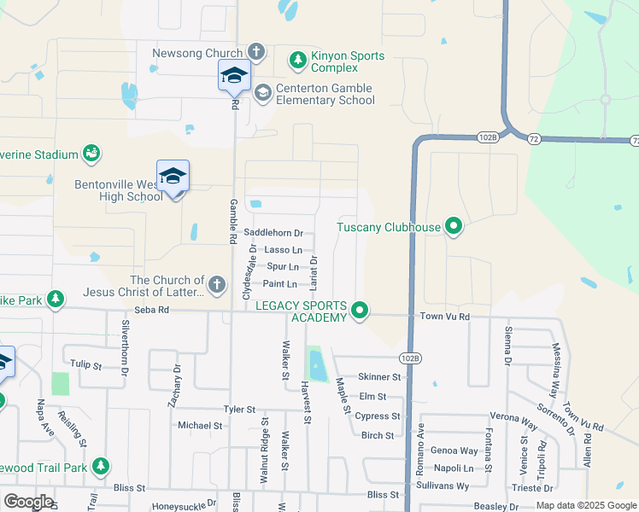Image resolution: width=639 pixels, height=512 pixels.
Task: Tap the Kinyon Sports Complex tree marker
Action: click(297, 59)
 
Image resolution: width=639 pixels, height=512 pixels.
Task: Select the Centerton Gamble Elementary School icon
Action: click(262, 91)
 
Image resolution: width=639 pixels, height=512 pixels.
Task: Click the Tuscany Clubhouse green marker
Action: click(454, 226)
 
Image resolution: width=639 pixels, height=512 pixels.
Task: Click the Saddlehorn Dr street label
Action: click(273, 232)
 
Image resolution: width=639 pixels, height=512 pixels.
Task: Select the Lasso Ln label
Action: click(283, 250)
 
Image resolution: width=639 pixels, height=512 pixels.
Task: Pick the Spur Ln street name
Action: click(282, 267)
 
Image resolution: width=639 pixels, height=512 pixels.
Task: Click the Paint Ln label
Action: click(280, 284)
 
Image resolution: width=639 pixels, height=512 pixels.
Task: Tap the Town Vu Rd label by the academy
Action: click(445, 317)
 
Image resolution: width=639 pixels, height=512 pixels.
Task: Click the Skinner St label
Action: click(379, 376)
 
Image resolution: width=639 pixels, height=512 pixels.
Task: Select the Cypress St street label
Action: click(378, 416)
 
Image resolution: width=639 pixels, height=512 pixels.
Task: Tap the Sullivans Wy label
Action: click(450, 486)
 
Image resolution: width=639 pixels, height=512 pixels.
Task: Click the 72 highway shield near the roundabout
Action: click(532, 138)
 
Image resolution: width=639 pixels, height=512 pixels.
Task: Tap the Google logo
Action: click(28, 501)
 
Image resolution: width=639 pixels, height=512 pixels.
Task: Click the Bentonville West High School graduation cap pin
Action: click(173, 177)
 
